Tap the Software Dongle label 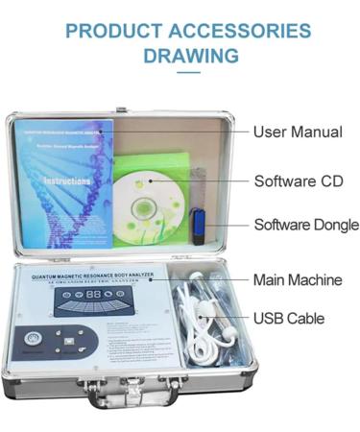point(305,226)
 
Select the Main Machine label point(297,280)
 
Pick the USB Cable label point(288,318)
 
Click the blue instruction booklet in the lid point(63,182)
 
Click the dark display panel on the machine point(91,299)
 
